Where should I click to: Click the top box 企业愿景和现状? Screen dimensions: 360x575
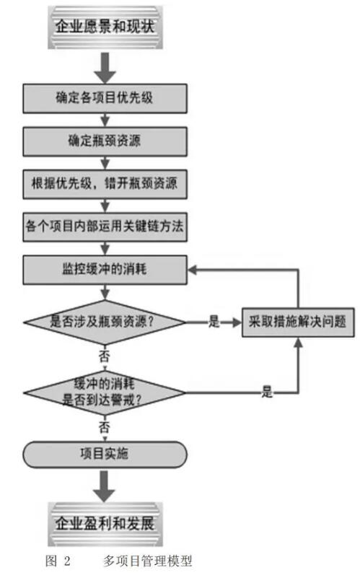[105, 27]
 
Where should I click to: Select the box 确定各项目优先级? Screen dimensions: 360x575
[105, 98]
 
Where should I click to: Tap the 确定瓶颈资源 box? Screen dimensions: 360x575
[105, 141]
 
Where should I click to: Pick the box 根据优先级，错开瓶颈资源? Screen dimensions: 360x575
[105, 184]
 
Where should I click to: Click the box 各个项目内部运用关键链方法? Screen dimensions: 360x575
[105, 227]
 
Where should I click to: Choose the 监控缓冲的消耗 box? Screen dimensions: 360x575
[105, 270]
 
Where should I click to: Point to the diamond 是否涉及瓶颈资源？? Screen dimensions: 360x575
[105, 322]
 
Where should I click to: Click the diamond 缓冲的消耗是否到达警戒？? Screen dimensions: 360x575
[105, 392]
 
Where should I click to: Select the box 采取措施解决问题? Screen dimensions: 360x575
[298, 322]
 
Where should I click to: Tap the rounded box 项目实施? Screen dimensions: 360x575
[105, 455]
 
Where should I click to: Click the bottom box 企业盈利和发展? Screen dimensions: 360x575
[105, 524]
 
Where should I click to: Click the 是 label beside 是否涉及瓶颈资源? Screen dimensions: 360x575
[214, 322]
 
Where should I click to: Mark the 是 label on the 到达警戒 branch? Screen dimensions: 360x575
[267, 392]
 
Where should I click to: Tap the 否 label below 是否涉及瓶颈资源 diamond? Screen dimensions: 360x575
[105, 356]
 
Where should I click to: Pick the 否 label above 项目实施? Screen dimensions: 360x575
[105, 427]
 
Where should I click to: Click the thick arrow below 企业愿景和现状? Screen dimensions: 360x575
[105, 68]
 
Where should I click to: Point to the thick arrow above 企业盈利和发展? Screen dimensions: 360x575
[105, 486]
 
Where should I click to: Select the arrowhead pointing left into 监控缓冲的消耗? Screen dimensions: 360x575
[193, 270]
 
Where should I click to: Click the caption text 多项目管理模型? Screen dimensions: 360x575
[147, 561]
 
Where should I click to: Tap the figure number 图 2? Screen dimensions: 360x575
[58, 561]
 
